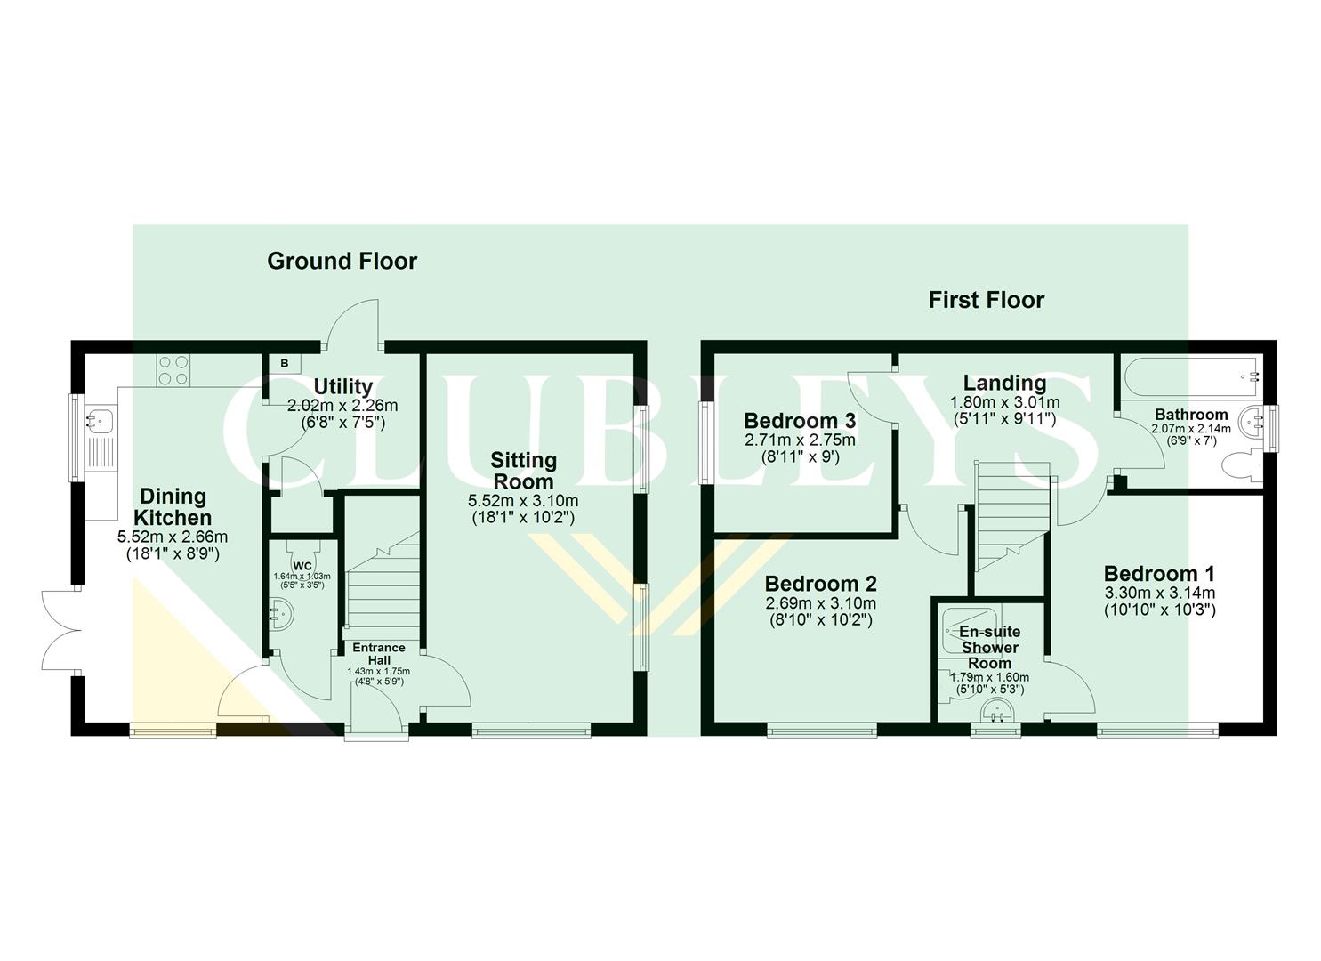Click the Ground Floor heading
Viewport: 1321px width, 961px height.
[x=342, y=261]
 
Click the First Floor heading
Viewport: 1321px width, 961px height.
[x=986, y=300]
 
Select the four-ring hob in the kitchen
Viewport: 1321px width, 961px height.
[x=173, y=370]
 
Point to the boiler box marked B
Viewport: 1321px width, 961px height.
[x=285, y=363]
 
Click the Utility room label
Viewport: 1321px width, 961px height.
[x=342, y=386]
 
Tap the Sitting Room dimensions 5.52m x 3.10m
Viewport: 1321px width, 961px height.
[x=523, y=500]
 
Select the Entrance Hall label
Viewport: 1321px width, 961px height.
[x=378, y=652]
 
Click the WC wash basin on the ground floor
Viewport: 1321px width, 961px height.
[x=280, y=613]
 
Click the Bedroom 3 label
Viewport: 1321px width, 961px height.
[x=799, y=420]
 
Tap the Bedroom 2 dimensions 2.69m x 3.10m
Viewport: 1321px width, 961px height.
[x=820, y=603]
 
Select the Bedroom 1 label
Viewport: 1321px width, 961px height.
[x=1158, y=574]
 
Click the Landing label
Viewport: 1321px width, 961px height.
[x=1004, y=383]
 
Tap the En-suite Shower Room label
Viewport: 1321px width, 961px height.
[x=989, y=647]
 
